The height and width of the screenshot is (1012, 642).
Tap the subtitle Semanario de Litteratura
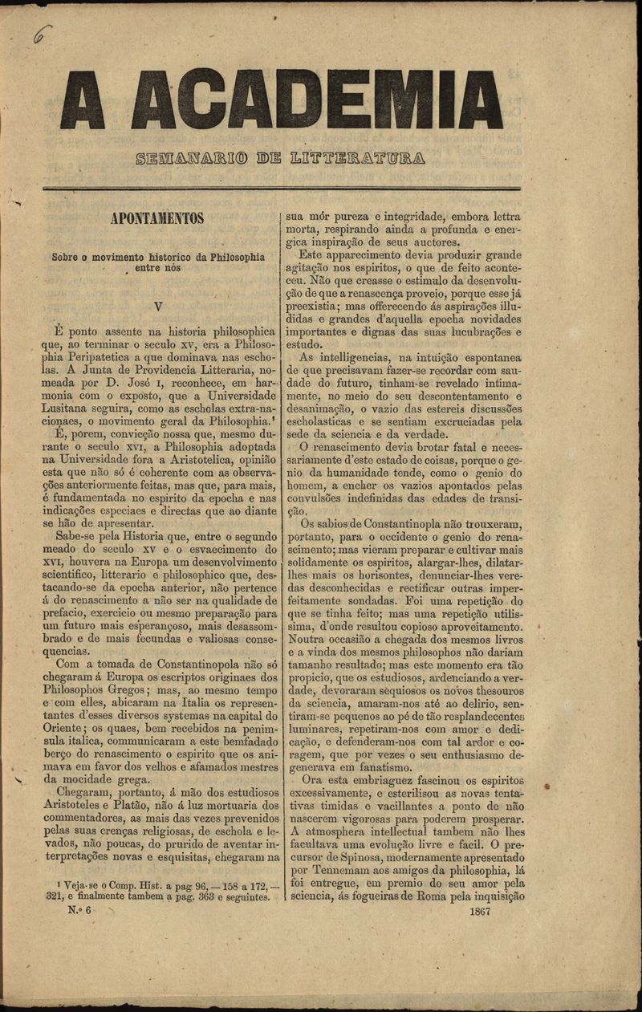[x=281, y=156]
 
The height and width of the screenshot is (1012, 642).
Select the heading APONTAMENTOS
[x=157, y=218]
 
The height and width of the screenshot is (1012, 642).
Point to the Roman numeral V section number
[x=158, y=306]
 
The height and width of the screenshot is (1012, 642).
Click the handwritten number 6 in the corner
[x=43, y=35]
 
